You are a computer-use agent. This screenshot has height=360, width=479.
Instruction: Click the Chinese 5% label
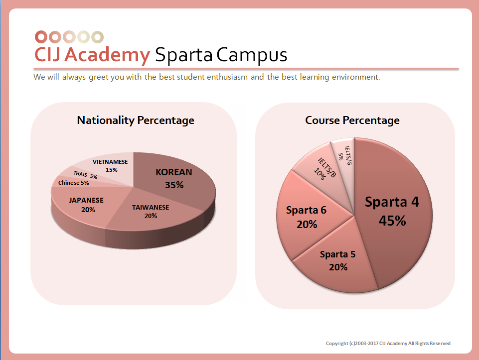pos(73,183)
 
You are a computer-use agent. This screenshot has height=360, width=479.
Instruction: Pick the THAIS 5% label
pos(85,175)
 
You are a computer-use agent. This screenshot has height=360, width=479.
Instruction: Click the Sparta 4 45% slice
pos(392,211)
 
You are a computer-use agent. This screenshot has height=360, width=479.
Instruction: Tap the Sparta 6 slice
pos(306,217)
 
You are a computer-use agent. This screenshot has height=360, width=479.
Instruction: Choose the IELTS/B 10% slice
pos(321,167)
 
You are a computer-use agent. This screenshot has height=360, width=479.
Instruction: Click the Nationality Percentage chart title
pos(136,120)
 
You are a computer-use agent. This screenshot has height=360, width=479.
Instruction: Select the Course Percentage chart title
pos(352,120)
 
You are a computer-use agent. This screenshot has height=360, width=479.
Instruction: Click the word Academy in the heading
pos(107,55)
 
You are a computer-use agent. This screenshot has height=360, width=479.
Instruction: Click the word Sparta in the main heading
pos(184,55)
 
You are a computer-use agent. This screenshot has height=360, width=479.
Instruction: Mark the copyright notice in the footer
pos(388,344)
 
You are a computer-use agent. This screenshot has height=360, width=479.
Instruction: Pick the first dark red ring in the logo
pos(41,37)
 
